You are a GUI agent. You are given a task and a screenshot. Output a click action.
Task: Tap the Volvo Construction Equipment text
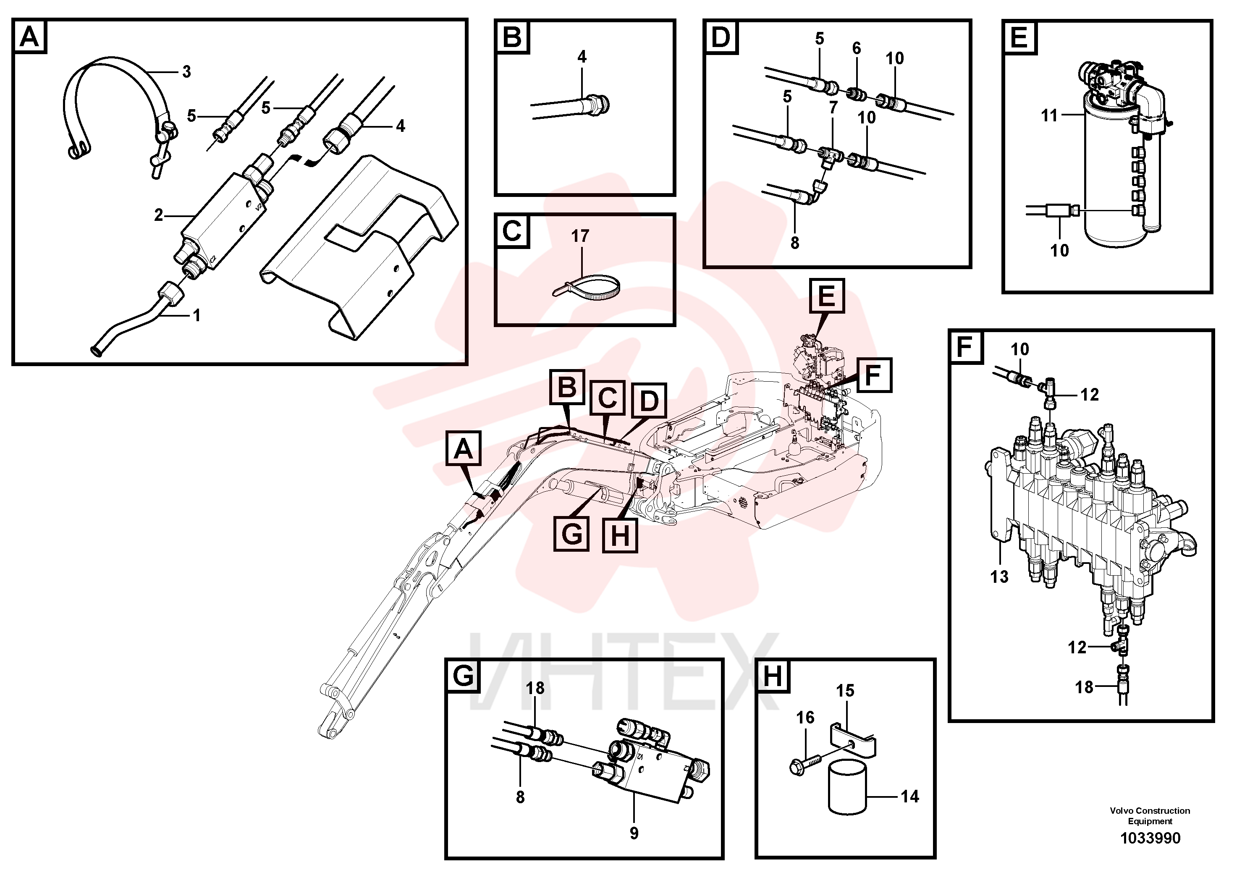(1150, 816)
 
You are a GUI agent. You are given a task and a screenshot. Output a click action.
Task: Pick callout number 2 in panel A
(158, 215)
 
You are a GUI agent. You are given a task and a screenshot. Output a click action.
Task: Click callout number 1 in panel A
(197, 315)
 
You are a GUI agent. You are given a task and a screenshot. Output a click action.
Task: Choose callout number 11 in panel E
(1049, 115)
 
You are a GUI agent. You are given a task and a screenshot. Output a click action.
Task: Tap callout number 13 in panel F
(999, 576)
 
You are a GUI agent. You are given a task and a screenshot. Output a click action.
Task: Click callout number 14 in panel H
(910, 797)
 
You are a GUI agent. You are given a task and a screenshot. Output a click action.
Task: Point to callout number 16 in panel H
(805, 718)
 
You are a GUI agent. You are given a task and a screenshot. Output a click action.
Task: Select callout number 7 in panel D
(833, 108)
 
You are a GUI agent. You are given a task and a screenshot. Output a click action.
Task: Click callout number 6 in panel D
(857, 48)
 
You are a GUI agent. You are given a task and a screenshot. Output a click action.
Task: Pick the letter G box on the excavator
(571, 534)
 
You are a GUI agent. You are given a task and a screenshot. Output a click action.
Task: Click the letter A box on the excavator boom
(463, 448)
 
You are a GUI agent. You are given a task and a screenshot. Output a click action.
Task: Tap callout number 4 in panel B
(582, 57)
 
